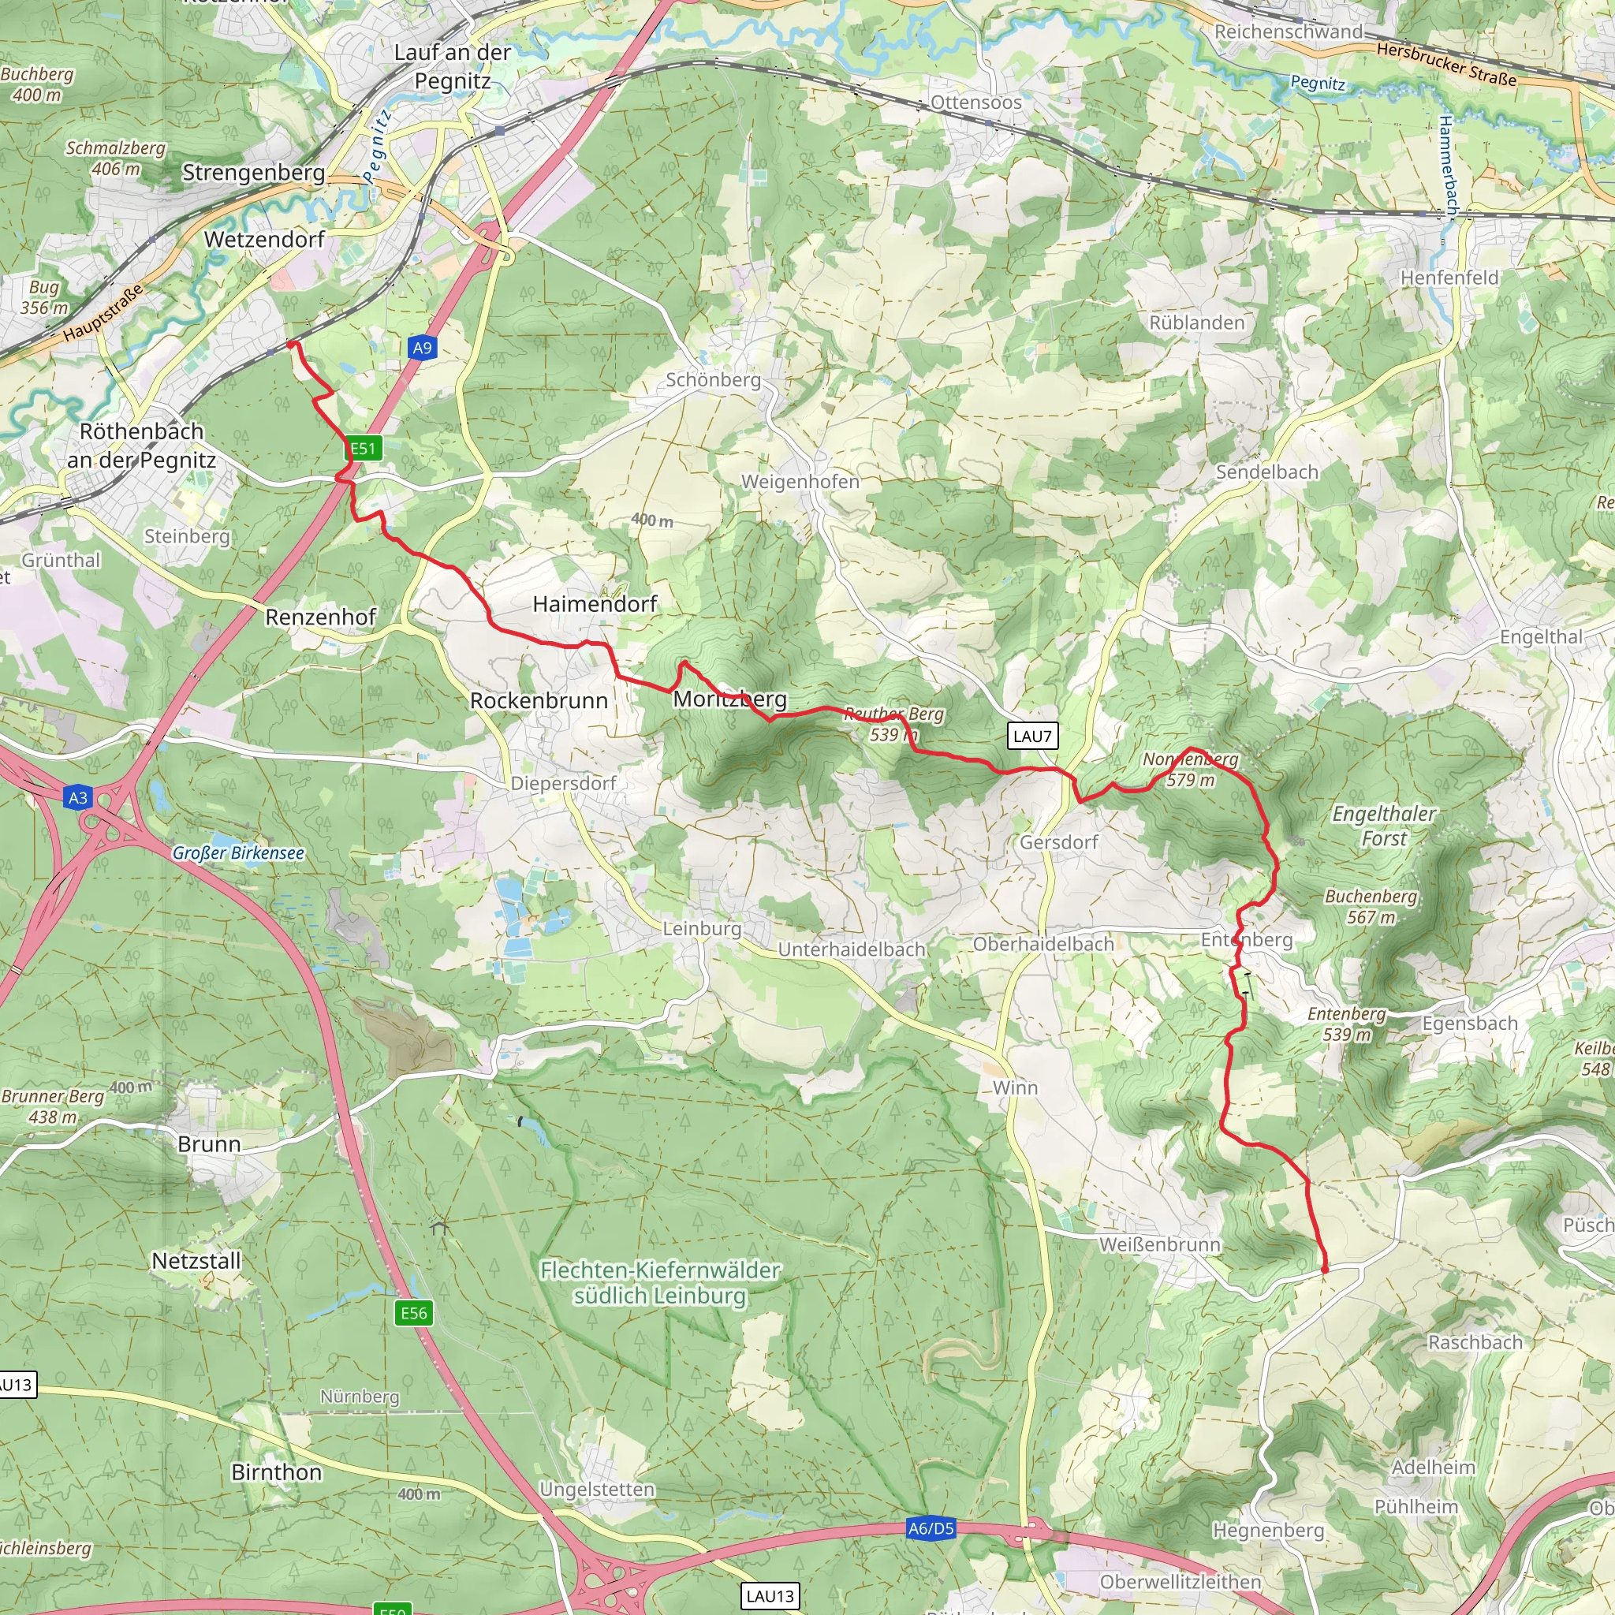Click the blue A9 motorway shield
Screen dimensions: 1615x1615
pyautogui.click(x=422, y=348)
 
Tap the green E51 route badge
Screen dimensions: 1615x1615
pyautogui.click(x=364, y=448)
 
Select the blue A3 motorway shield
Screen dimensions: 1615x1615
pyautogui.click(x=78, y=797)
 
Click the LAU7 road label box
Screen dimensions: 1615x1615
pyautogui.click(x=1032, y=736)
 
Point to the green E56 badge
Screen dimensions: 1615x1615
pyautogui.click(x=414, y=1312)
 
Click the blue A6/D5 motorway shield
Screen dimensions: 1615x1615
pyautogui.click(x=931, y=1528)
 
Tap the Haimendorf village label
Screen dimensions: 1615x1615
pyautogui.click(x=595, y=603)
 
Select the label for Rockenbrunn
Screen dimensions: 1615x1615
pyautogui.click(x=539, y=700)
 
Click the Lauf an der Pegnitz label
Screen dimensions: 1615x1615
pyautogui.click(x=452, y=67)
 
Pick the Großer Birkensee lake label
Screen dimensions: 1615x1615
pyautogui.click(x=238, y=852)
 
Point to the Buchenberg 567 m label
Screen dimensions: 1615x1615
pyautogui.click(x=1371, y=906)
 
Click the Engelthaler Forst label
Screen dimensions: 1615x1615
pyautogui.click(x=1383, y=825)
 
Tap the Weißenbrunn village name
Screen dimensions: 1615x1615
pyautogui.click(x=1159, y=1244)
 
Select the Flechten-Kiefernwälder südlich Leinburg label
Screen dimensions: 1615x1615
pyautogui.click(x=659, y=1282)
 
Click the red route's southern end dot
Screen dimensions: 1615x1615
pyautogui.click(x=1325, y=1270)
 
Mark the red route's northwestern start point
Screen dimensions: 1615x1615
pyautogui.click(x=290, y=344)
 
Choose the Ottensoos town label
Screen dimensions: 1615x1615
pyautogui.click(x=975, y=103)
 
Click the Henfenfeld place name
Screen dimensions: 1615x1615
pyautogui.click(x=1449, y=278)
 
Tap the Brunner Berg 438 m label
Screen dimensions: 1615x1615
pyautogui.click(x=52, y=1106)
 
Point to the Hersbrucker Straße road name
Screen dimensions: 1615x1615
pyautogui.click(x=1446, y=65)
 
